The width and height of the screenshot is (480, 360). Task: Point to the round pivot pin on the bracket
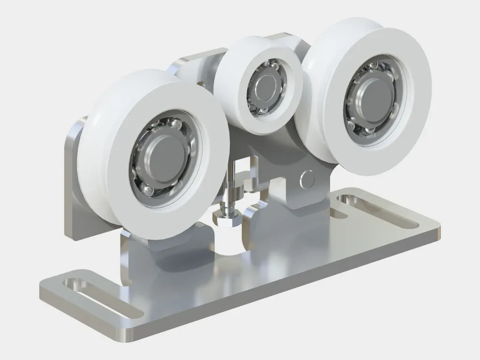[x=307, y=178]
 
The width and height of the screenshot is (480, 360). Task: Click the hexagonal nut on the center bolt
[x=226, y=216]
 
